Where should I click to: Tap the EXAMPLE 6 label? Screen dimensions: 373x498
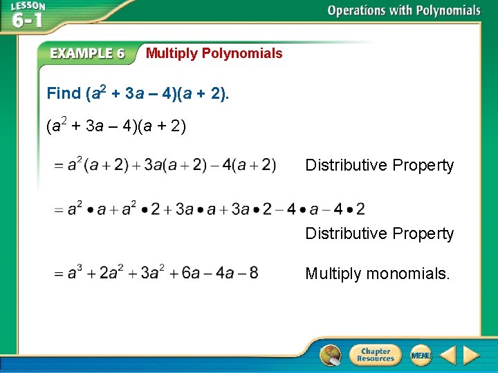(x=88, y=54)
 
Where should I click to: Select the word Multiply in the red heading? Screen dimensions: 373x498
(x=172, y=53)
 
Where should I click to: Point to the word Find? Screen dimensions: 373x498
(x=63, y=93)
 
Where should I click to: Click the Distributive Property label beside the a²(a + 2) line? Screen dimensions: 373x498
(x=380, y=165)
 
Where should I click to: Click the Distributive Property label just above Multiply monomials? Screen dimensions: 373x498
(x=380, y=233)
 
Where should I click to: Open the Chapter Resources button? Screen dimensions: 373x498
(x=376, y=354)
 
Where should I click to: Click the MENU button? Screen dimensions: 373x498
(x=421, y=355)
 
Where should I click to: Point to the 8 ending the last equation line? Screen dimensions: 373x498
(x=253, y=274)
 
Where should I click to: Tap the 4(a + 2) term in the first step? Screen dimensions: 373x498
(x=252, y=165)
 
